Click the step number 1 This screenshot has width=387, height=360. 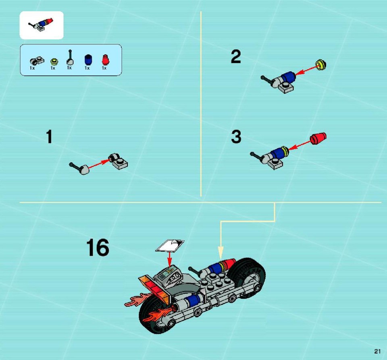point(49,137)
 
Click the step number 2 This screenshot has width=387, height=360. point(236,56)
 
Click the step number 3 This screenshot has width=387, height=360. point(236,137)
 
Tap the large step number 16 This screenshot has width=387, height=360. point(98,247)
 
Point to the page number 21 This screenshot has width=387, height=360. point(377,352)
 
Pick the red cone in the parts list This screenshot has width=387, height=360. point(105,60)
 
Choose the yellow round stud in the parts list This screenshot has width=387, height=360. point(54,61)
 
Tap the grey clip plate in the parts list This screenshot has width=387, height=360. point(37,61)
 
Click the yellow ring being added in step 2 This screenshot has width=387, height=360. point(321,64)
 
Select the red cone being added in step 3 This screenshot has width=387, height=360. point(318,139)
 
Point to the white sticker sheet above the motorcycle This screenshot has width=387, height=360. point(170,246)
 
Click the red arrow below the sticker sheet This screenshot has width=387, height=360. point(169,259)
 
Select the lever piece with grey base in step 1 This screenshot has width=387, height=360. point(79,168)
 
